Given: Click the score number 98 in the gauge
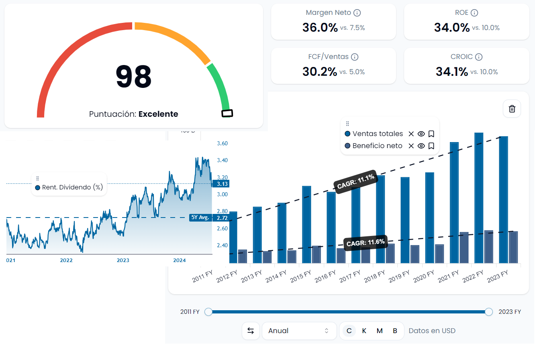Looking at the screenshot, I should click(133, 76).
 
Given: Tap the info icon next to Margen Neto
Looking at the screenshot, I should click(357, 13).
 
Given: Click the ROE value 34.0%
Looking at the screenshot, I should click(452, 28).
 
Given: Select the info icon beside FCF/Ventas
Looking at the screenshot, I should click(355, 57).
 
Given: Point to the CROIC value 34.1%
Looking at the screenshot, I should click(452, 72).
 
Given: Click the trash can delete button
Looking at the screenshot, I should click(512, 109).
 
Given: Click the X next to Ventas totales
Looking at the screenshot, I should click(411, 134).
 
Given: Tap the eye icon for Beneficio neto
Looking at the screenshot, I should click(421, 146).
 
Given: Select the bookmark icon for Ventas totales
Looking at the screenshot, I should click(431, 134).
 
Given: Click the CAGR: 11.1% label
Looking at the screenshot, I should click(356, 181).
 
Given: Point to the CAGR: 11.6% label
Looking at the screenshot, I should click(366, 243).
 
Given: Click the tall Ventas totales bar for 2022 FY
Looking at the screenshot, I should click(479, 197).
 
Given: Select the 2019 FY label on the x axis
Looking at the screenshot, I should click(399, 276).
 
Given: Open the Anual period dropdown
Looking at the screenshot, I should click(299, 331).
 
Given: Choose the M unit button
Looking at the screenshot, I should click(380, 331).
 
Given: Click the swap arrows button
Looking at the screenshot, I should click(251, 331).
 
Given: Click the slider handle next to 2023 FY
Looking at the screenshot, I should click(488, 312).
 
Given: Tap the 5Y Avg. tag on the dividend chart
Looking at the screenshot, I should click(200, 218).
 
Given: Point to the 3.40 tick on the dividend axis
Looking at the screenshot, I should click(222, 161).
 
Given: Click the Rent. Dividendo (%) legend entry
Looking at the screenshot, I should click(69, 187).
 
